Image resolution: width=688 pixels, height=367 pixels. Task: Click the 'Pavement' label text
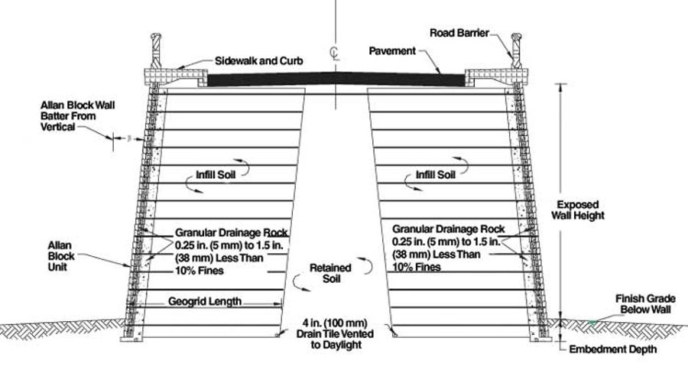coord(392,51)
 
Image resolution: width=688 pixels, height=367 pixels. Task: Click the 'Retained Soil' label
coord(330,273)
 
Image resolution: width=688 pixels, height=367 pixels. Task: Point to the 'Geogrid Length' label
coord(205,302)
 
